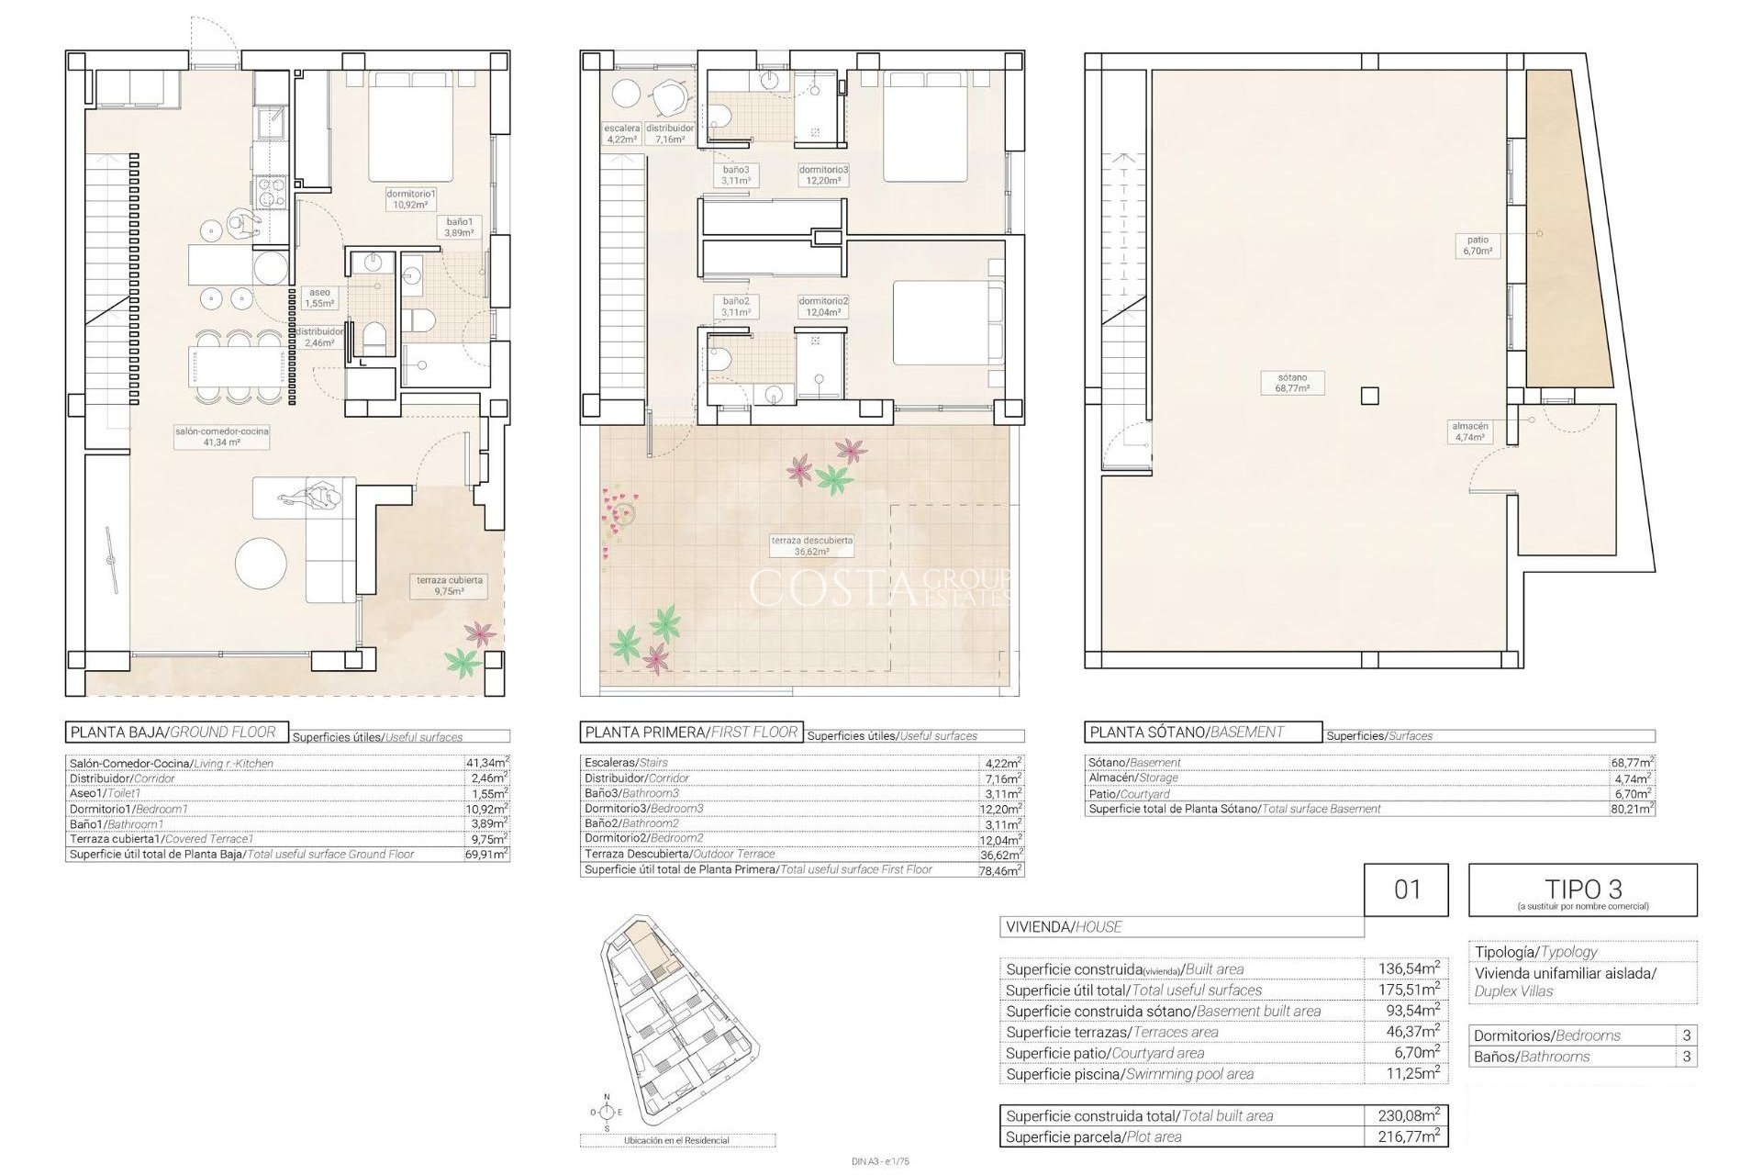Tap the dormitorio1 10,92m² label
point(410,199)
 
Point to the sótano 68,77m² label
point(1292,383)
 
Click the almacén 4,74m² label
point(1469,431)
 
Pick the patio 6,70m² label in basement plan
point(1478,245)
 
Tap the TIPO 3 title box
point(1582,890)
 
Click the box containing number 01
point(1406,890)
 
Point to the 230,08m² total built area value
point(1407,1115)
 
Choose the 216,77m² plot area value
point(1407,1136)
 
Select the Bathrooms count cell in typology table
point(1686,1057)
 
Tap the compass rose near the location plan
point(606,1112)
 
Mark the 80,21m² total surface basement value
point(1632,810)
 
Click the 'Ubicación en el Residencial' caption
point(676,1140)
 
